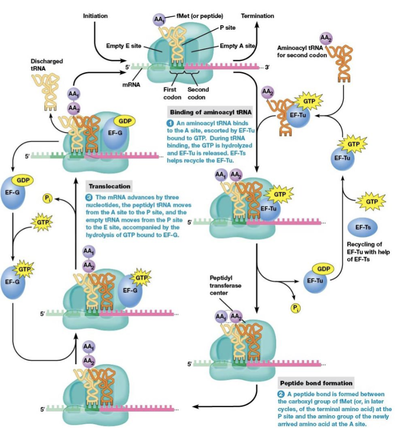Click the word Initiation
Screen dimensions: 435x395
click(x=95, y=16)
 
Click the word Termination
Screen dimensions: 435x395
click(x=257, y=16)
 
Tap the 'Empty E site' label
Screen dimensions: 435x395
click(x=124, y=45)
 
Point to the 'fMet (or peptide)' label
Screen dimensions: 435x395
click(x=192, y=16)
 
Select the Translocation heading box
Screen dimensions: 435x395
click(x=110, y=186)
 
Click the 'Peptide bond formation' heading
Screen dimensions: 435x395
click(x=316, y=383)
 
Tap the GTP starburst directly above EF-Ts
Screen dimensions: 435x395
click(x=371, y=202)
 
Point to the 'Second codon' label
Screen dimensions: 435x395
click(x=198, y=93)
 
